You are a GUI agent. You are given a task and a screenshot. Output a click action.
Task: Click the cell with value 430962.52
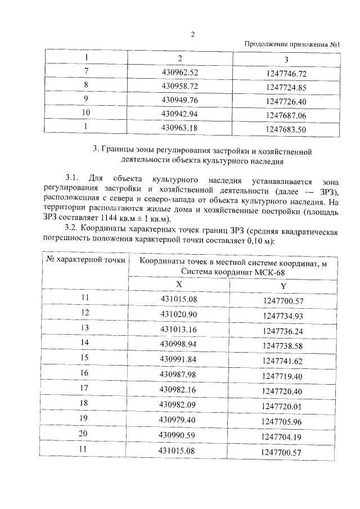(180, 73)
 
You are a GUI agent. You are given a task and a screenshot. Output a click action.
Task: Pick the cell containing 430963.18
(180, 128)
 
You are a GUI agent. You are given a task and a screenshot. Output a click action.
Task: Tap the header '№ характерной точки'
(85, 259)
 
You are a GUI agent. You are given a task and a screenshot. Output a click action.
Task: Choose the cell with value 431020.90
(179, 313)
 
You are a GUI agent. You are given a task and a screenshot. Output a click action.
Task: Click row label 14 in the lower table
(85, 342)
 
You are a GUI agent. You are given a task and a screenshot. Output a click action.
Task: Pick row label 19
(85, 419)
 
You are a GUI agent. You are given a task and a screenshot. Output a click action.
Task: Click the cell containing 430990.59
(179, 435)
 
